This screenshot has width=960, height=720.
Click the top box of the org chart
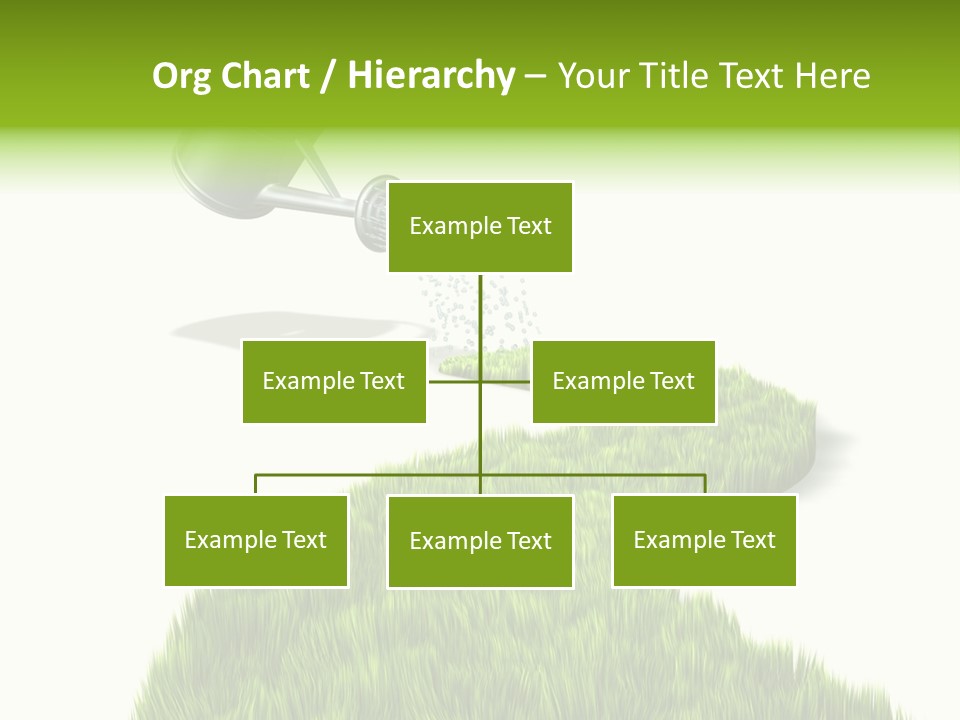[x=480, y=227]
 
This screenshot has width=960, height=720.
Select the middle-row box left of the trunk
[x=334, y=381]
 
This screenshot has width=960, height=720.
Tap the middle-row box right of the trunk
[x=623, y=381]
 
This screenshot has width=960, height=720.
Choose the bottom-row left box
[x=256, y=540]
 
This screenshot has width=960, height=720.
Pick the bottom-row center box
[x=480, y=541]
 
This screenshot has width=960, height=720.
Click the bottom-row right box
[x=704, y=540]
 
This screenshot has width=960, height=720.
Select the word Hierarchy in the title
[x=431, y=76]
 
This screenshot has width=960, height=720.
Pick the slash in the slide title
[x=328, y=77]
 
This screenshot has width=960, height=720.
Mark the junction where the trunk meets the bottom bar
[x=480, y=475]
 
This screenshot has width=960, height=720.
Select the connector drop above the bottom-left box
[x=256, y=484]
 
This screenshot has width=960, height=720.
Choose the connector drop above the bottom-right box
[x=704, y=484]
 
